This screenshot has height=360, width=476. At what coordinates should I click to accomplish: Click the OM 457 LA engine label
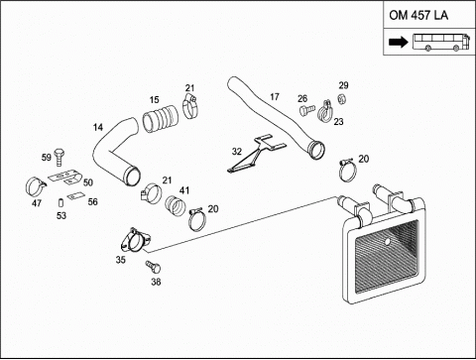[418, 15]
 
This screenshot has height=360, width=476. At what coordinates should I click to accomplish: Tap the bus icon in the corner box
[440, 42]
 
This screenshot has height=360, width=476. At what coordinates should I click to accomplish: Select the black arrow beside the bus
[399, 42]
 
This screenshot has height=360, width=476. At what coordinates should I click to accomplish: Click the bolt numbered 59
[59, 157]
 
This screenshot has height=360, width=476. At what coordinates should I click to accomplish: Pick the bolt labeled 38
[153, 267]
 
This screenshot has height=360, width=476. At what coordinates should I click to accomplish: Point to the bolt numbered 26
[306, 109]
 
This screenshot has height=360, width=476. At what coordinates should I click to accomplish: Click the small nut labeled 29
[342, 98]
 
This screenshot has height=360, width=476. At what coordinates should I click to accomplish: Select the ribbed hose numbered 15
[161, 119]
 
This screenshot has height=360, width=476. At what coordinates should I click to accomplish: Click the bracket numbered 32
[256, 154]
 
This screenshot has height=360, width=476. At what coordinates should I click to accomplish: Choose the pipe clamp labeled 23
[324, 111]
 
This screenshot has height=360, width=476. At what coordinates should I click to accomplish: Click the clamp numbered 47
[35, 186]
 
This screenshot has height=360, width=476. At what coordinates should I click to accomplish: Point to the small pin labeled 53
[60, 202]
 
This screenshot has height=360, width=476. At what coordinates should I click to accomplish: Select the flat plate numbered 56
[75, 196]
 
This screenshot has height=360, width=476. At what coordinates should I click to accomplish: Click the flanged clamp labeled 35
[134, 241]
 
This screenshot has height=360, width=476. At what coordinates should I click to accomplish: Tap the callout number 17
[275, 96]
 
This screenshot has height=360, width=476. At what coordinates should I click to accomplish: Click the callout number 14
[98, 127]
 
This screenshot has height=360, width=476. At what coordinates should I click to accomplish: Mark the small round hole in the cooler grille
[387, 242]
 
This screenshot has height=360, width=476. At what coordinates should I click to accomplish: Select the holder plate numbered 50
[66, 177]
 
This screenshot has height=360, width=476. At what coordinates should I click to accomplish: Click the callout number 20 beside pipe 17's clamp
[364, 159]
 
